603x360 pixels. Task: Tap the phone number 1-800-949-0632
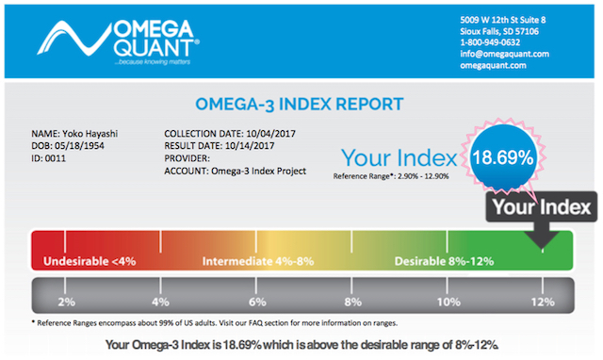tap(490, 42)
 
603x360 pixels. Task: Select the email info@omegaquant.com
tap(505, 54)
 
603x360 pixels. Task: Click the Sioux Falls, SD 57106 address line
tap(499, 31)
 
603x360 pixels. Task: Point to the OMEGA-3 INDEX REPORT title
tap(300, 105)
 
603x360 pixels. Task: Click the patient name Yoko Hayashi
tap(90, 134)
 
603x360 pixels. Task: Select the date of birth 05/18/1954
tap(79, 146)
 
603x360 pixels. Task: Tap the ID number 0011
tap(56, 158)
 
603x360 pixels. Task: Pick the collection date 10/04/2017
tap(270, 134)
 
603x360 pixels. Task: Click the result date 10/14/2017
tap(250, 146)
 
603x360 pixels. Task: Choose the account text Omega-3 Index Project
tap(258, 171)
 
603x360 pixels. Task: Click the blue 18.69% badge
tap(502, 157)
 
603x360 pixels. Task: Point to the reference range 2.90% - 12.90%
tap(423, 176)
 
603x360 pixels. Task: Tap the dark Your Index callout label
tap(542, 207)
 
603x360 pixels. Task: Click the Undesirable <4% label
tap(90, 261)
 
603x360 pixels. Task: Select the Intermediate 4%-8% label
tap(258, 261)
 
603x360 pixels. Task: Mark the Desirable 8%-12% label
tap(444, 261)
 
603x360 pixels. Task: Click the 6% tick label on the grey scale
tap(257, 302)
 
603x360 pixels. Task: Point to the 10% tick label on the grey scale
tap(448, 302)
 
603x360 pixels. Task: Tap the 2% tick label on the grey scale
tap(67, 302)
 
